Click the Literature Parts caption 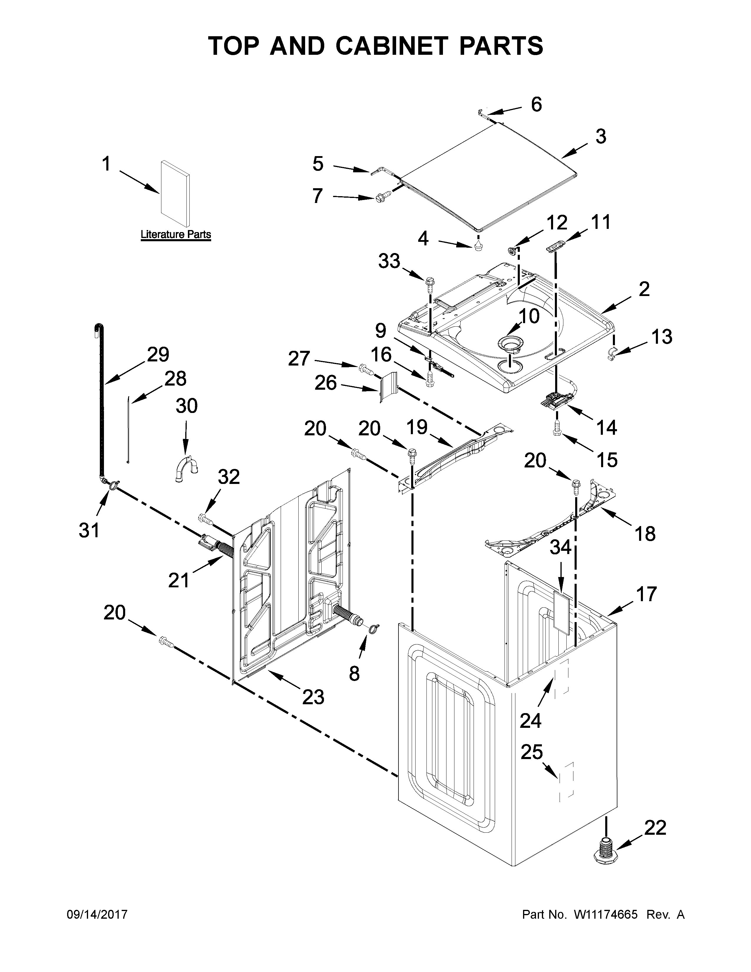tap(176, 234)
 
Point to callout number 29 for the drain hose tap(158, 355)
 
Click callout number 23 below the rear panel tap(313, 697)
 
